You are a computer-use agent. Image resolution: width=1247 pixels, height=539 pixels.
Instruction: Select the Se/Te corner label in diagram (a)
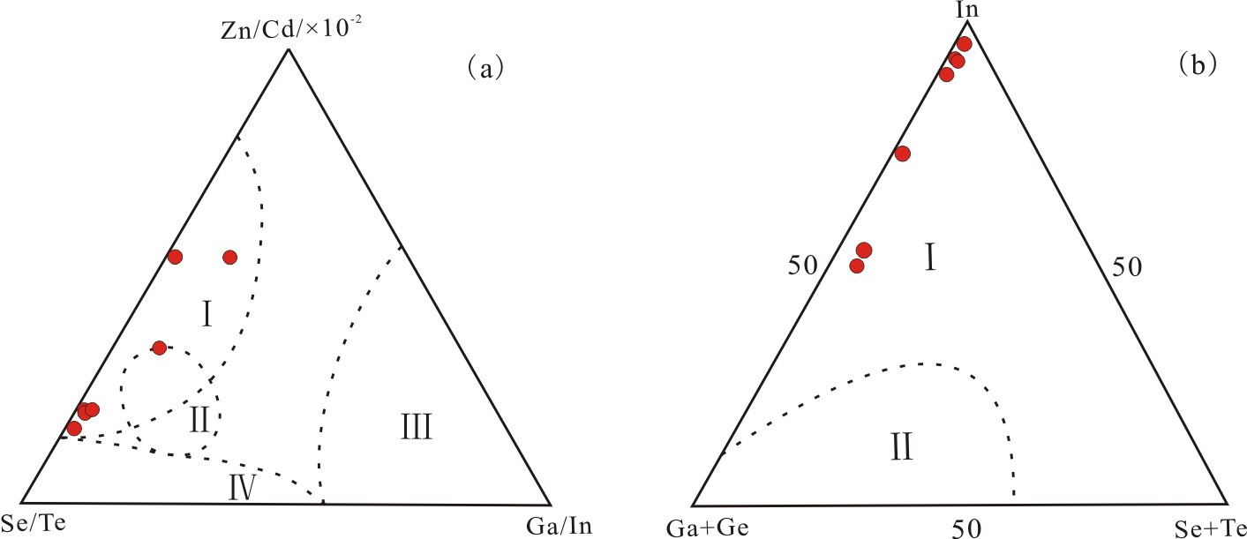[34, 523]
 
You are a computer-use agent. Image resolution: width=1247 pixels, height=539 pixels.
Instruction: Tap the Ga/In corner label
[558, 527]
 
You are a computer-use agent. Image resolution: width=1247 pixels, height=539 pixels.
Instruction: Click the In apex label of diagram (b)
[967, 10]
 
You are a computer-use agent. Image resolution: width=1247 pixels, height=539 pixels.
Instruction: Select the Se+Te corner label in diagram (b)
[1211, 528]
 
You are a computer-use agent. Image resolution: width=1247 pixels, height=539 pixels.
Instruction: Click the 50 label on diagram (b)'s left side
[804, 265]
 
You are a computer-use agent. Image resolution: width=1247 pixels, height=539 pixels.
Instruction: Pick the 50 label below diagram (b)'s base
[970, 528]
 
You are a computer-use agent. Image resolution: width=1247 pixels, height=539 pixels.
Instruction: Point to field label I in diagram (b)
[929, 259]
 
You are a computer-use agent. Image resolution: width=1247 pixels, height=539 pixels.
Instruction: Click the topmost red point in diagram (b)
[964, 44]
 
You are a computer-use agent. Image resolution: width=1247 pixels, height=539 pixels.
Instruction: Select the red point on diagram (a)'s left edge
[175, 257]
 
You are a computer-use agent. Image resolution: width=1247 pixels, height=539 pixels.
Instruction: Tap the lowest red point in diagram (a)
[74, 428]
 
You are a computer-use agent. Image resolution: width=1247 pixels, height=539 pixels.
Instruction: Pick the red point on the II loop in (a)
[159, 348]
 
